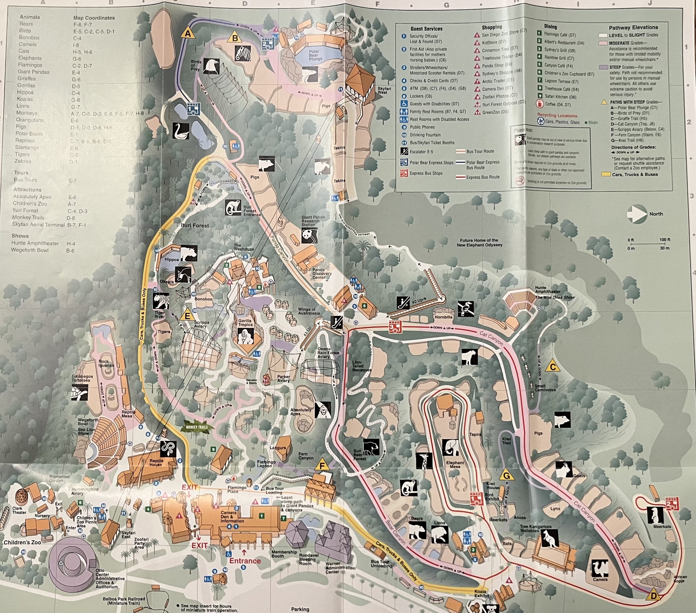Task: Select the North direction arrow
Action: [637, 214]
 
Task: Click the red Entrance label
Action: [245, 561]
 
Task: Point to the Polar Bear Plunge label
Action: [315, 56]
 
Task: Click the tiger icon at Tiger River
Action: [161, 301]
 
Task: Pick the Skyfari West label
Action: [384, 90]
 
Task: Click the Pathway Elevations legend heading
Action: [633, 28]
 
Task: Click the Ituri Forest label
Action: [195, 225]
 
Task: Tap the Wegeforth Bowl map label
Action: [88, 422]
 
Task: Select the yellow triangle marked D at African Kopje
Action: [653, 595]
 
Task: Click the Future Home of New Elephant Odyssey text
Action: [480, 242]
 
